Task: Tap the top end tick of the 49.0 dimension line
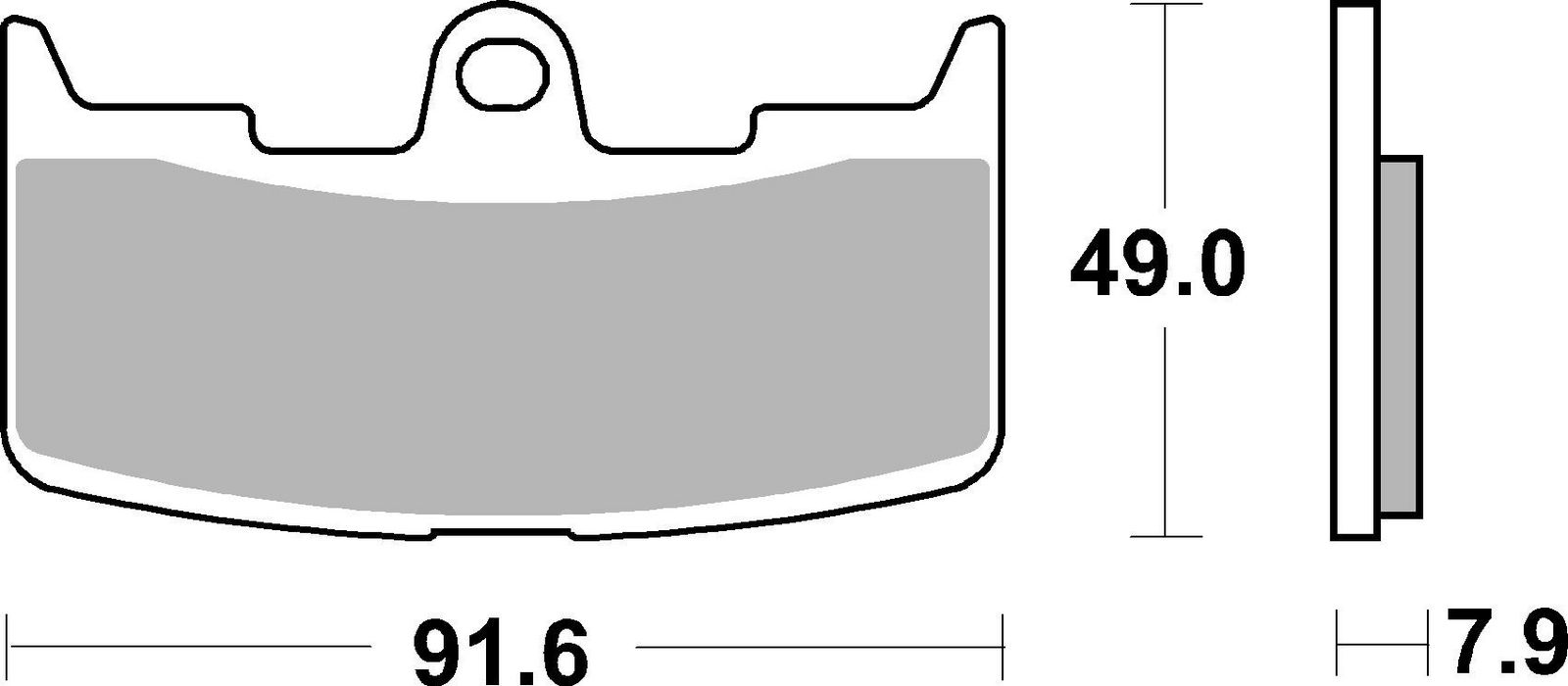click(1164, 5)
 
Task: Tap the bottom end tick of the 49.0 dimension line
click(1164, 537)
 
